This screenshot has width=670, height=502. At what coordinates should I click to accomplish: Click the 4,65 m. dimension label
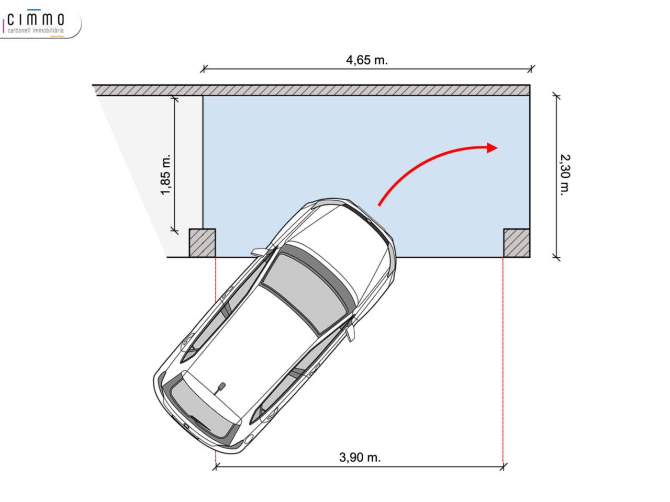coord(366,60)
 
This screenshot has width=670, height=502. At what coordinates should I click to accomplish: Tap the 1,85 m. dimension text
coord(166,175)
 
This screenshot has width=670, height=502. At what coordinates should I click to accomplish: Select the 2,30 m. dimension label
coord(565,175)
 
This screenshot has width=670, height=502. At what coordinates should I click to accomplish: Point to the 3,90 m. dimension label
coord(360,458)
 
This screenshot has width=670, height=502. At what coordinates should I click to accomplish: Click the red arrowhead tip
coord(498,148)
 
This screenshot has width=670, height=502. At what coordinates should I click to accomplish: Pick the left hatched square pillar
coord(203,243)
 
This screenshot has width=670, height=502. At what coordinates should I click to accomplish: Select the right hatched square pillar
coord(517,243)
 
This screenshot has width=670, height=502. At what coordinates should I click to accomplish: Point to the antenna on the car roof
coord(220,388)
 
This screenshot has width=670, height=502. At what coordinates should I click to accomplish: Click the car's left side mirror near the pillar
coord(259,252)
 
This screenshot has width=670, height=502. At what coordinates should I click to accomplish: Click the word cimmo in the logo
coord(36,20)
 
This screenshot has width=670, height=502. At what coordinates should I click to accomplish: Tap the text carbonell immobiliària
coord(36,30)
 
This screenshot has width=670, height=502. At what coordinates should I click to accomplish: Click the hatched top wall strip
coord(311,90)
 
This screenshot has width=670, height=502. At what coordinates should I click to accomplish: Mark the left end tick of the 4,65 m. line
coord(204,69)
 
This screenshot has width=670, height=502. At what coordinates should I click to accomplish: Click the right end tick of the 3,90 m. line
coord(504,466)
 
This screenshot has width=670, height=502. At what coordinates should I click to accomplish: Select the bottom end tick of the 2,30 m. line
coord(556,258)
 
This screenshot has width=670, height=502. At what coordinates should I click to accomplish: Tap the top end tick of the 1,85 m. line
coord(175,98)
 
